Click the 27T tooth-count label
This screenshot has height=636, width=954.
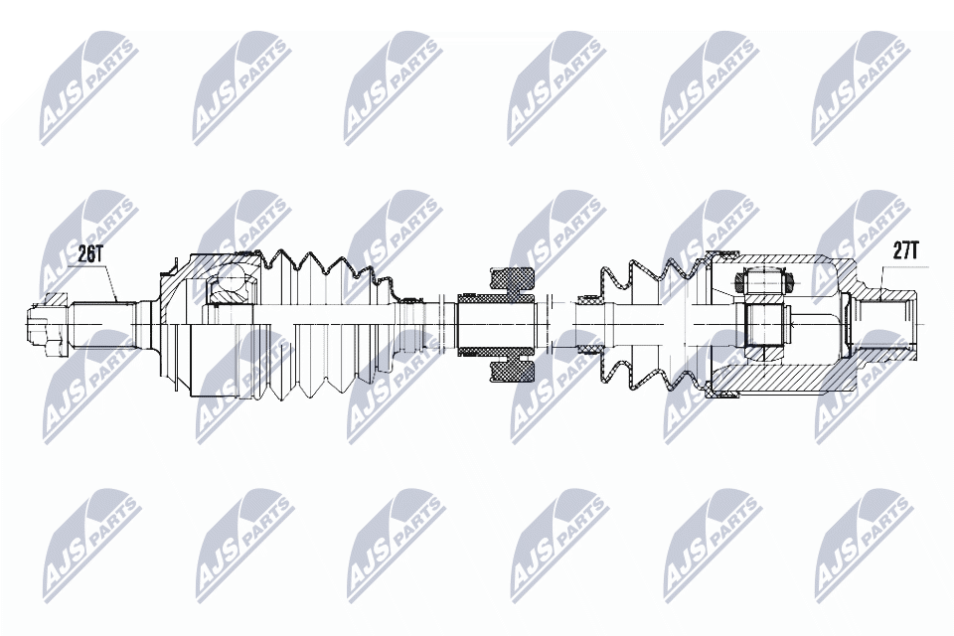905,250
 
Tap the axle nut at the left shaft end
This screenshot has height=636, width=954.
48,326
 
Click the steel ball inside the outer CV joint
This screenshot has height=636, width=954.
232,282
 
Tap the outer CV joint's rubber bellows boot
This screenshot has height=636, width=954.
329,326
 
